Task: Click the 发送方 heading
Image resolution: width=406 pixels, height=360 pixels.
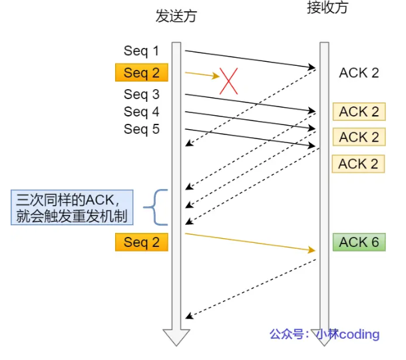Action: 176,16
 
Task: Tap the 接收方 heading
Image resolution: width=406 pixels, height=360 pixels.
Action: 327,7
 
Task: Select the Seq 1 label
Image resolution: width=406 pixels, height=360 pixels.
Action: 141,51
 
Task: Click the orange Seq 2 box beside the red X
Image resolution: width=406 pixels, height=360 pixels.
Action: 142,73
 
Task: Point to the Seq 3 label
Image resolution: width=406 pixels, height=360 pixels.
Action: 141,94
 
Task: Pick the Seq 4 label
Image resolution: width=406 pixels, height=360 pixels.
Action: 141,112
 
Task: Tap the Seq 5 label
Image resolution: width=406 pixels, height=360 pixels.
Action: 141,129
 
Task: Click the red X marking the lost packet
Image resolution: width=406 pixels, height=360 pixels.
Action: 229,81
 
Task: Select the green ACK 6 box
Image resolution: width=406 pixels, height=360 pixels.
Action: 359,242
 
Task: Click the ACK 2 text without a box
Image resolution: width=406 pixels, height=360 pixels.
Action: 359,73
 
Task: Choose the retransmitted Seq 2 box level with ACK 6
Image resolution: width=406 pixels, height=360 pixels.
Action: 142,242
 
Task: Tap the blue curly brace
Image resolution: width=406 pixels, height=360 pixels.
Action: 155,207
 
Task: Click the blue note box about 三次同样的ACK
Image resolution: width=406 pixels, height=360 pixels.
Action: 72,208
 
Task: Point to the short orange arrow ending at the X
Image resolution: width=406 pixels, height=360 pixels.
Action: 202,75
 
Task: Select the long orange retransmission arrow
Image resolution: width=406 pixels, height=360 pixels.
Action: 250,242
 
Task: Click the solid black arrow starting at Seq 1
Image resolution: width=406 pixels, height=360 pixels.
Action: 250,59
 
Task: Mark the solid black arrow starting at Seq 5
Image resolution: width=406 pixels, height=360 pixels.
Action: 250,138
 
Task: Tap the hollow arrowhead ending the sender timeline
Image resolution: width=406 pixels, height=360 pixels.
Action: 176,338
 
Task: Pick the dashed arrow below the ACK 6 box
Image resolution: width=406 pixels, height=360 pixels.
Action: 251,289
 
